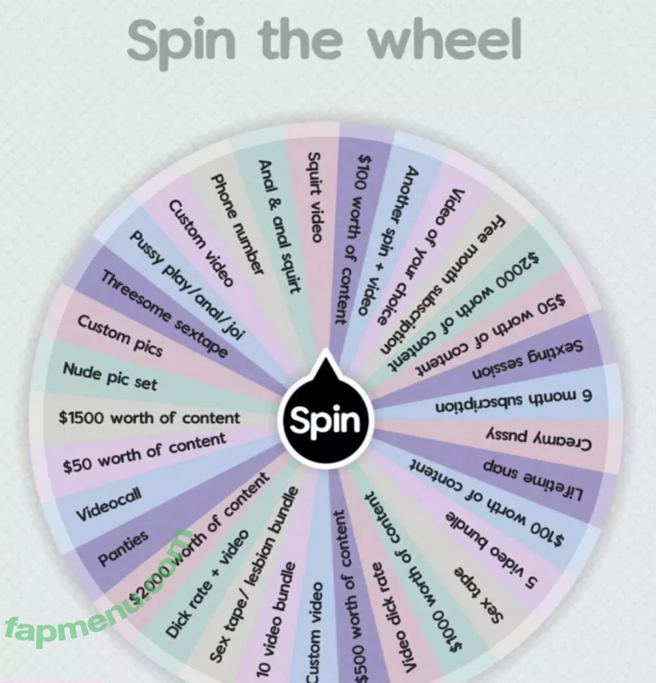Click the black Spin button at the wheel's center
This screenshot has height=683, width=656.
tap(325, 420)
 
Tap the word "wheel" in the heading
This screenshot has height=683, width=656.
tap(445, 41)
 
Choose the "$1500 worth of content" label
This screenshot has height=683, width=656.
tap(149, 418)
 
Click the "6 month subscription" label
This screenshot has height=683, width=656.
tap(513, 403)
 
